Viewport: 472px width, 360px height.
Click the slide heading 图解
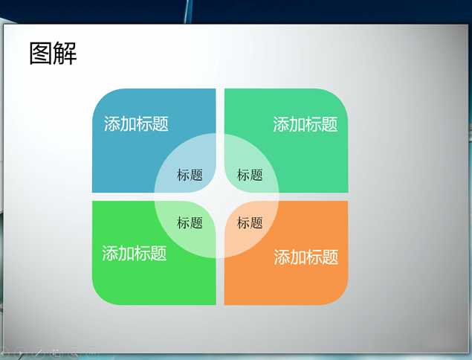pyautogui.click(x=53, y=54)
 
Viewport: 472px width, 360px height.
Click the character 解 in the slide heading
pyautogui.click(x=65, y=54)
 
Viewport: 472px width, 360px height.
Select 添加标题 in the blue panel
pyautogui.click(x=136, y=123)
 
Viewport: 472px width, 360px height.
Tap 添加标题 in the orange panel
pyautogui.click(x=305, y=257)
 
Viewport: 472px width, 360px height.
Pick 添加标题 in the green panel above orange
pyautogui.click(x=305, y=124)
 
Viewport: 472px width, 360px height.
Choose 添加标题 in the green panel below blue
pyautogui.click(x=135, y=253)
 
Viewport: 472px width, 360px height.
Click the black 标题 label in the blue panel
pyautogui.click(x=190, y=175)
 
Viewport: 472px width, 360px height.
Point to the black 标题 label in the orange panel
pyautogui.click(x=250, y=222)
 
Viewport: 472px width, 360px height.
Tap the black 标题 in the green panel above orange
pyautogui.click(x=250, y=175)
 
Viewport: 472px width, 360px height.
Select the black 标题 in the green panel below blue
pyautogui.click(x=190, y=222)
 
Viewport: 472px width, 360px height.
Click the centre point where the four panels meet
pyautogui.click(x=220, y=196)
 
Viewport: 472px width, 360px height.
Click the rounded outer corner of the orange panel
pyautogui.click(x=340, y=298)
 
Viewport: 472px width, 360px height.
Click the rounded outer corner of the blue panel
pyautogui.click(x=100, y=97)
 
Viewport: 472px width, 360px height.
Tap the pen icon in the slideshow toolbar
pyautogui.click(x=39, y=352)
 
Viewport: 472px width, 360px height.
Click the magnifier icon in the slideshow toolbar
pyautogui.click(x=74, y=352)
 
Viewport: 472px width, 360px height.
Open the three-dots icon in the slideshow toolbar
pyautogui.click(x=92, y=352)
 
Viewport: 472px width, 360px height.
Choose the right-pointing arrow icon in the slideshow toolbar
pyautogui.click(x=20, y=353)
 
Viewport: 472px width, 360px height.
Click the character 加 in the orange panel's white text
pyautogui.click(x=298, y=257)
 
